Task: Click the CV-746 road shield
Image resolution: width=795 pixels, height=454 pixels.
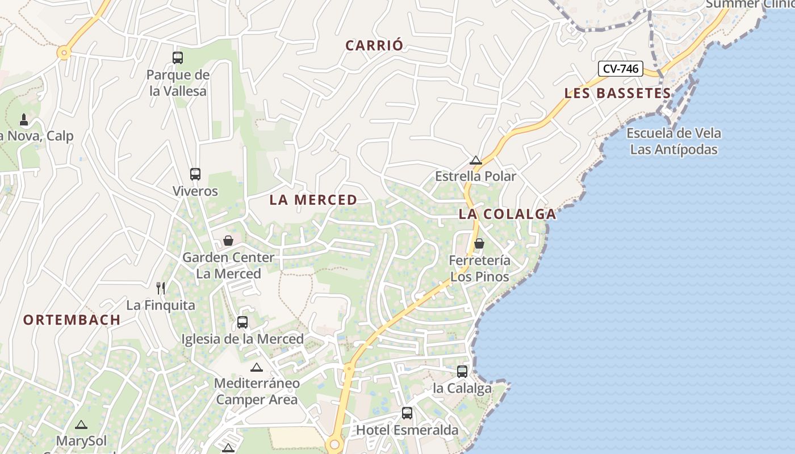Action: [x=621, y=69]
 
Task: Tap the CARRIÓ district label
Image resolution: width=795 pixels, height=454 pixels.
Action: [x=374, y=46]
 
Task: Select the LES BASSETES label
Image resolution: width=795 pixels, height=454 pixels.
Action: [x=617, y=94]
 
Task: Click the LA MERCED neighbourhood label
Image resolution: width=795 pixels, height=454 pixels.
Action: [x=313, y=200]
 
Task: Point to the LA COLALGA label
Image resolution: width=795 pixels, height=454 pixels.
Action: [x=507, y=214]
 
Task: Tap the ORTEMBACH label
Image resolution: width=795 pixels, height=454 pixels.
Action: [x=72, y=320]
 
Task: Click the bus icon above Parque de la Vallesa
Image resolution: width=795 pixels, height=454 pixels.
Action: [x=178, y=57]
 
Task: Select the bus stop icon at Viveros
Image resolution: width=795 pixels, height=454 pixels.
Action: [x=195, y=174]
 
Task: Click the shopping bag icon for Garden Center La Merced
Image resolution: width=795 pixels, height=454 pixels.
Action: [x=228, y=241]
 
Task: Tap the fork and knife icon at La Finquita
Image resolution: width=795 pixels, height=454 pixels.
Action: [x=161, y=288]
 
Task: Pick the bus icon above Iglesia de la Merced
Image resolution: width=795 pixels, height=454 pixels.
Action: [x=242, y=322]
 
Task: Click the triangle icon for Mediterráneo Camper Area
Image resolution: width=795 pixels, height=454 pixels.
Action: [x=257, y=367]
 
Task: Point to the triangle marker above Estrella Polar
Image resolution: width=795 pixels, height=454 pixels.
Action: [x=476, y=160]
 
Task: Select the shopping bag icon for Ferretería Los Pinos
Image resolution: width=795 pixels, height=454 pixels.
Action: [x=479, y=243]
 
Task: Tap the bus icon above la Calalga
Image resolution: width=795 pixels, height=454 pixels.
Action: [x=462, y=372]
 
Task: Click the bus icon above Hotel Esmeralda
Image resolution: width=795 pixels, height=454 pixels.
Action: [x=407, y=413]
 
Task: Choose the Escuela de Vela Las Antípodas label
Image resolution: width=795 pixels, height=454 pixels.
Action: [x=674, y=141]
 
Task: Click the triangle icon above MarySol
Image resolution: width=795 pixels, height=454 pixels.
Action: [x=81, y=424]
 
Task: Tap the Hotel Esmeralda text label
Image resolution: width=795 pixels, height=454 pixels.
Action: [x=407, y=430]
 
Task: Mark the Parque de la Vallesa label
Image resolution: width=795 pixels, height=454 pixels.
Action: [x=178, y=83]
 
